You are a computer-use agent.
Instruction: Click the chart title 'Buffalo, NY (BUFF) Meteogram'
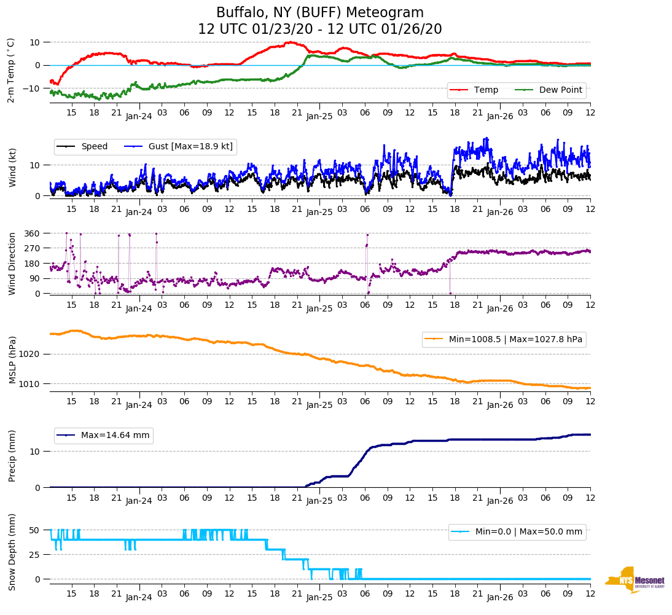pos(319,13)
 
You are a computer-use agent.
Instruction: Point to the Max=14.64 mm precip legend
pos(104,435)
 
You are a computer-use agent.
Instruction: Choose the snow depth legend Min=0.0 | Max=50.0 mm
pos(517,532)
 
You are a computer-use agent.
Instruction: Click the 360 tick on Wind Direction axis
pos(32,233)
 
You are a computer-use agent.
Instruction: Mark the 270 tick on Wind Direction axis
pos(32,248)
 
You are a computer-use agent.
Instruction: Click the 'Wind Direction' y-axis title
pos(12,264)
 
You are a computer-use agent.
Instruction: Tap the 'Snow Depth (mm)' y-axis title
pos(12,552)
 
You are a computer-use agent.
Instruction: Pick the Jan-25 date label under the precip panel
pos(319,501)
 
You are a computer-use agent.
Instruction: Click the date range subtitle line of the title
pos(319,29)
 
